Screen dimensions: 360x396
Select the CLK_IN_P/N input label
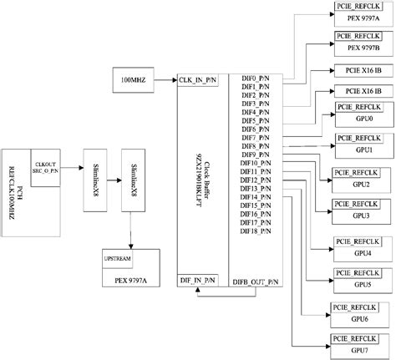[198, 79]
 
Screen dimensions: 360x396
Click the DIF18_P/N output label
[256, 231]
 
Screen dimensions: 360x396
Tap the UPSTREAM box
[116, 259]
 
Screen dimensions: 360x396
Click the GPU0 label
[363, 119]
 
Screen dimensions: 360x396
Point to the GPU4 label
[363, 252]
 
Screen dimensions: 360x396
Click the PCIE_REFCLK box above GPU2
[358, 173]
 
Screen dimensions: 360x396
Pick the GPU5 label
[363, 284]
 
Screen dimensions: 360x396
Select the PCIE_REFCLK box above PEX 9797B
[358, 38]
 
